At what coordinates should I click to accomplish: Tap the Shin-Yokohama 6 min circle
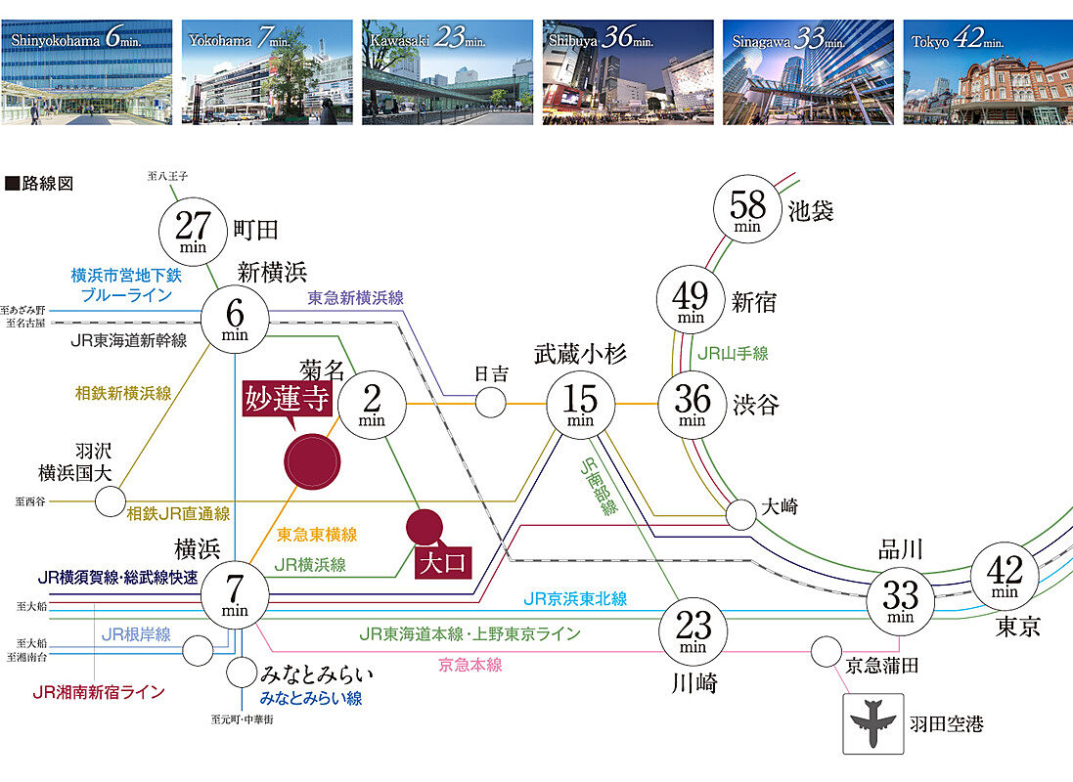click(235, 316)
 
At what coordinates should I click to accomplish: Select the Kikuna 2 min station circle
click(372, 403)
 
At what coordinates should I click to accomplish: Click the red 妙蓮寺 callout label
click(288, 401)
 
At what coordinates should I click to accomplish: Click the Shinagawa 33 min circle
click(900, 597)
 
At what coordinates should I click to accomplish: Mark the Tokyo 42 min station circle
click(1005, 577)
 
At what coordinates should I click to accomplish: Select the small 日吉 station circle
click(491, 401)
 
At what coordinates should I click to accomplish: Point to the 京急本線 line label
click(469, 665)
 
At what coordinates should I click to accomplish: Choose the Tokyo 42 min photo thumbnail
click(987, 72)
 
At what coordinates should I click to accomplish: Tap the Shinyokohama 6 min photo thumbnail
click(87, 72)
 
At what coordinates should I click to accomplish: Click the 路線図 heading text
click(39, 183)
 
